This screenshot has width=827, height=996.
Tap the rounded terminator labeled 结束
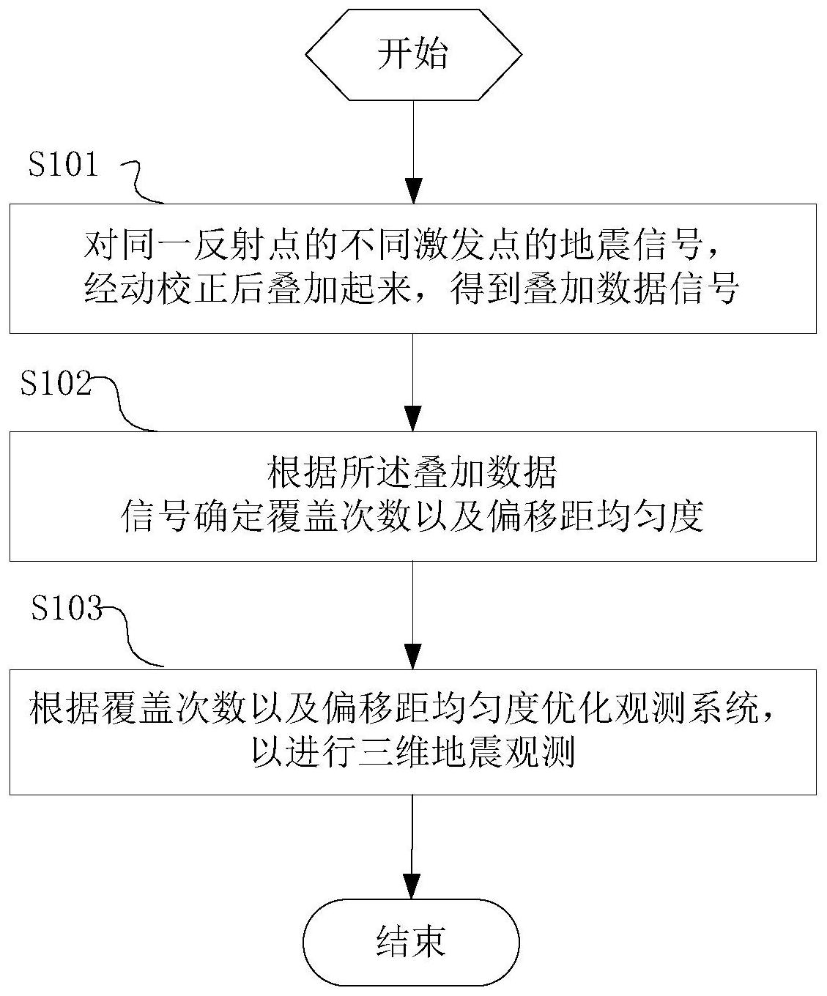pos(412,942)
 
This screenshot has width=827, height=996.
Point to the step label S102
pos(56,384)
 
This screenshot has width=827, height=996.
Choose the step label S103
pos(67,608)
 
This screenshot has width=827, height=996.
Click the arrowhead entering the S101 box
pos(413,192)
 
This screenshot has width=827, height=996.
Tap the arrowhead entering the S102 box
pos(413,419)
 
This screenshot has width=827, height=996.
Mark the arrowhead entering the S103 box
pos(413,657)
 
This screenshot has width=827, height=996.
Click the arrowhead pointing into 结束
pos(413,886)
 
